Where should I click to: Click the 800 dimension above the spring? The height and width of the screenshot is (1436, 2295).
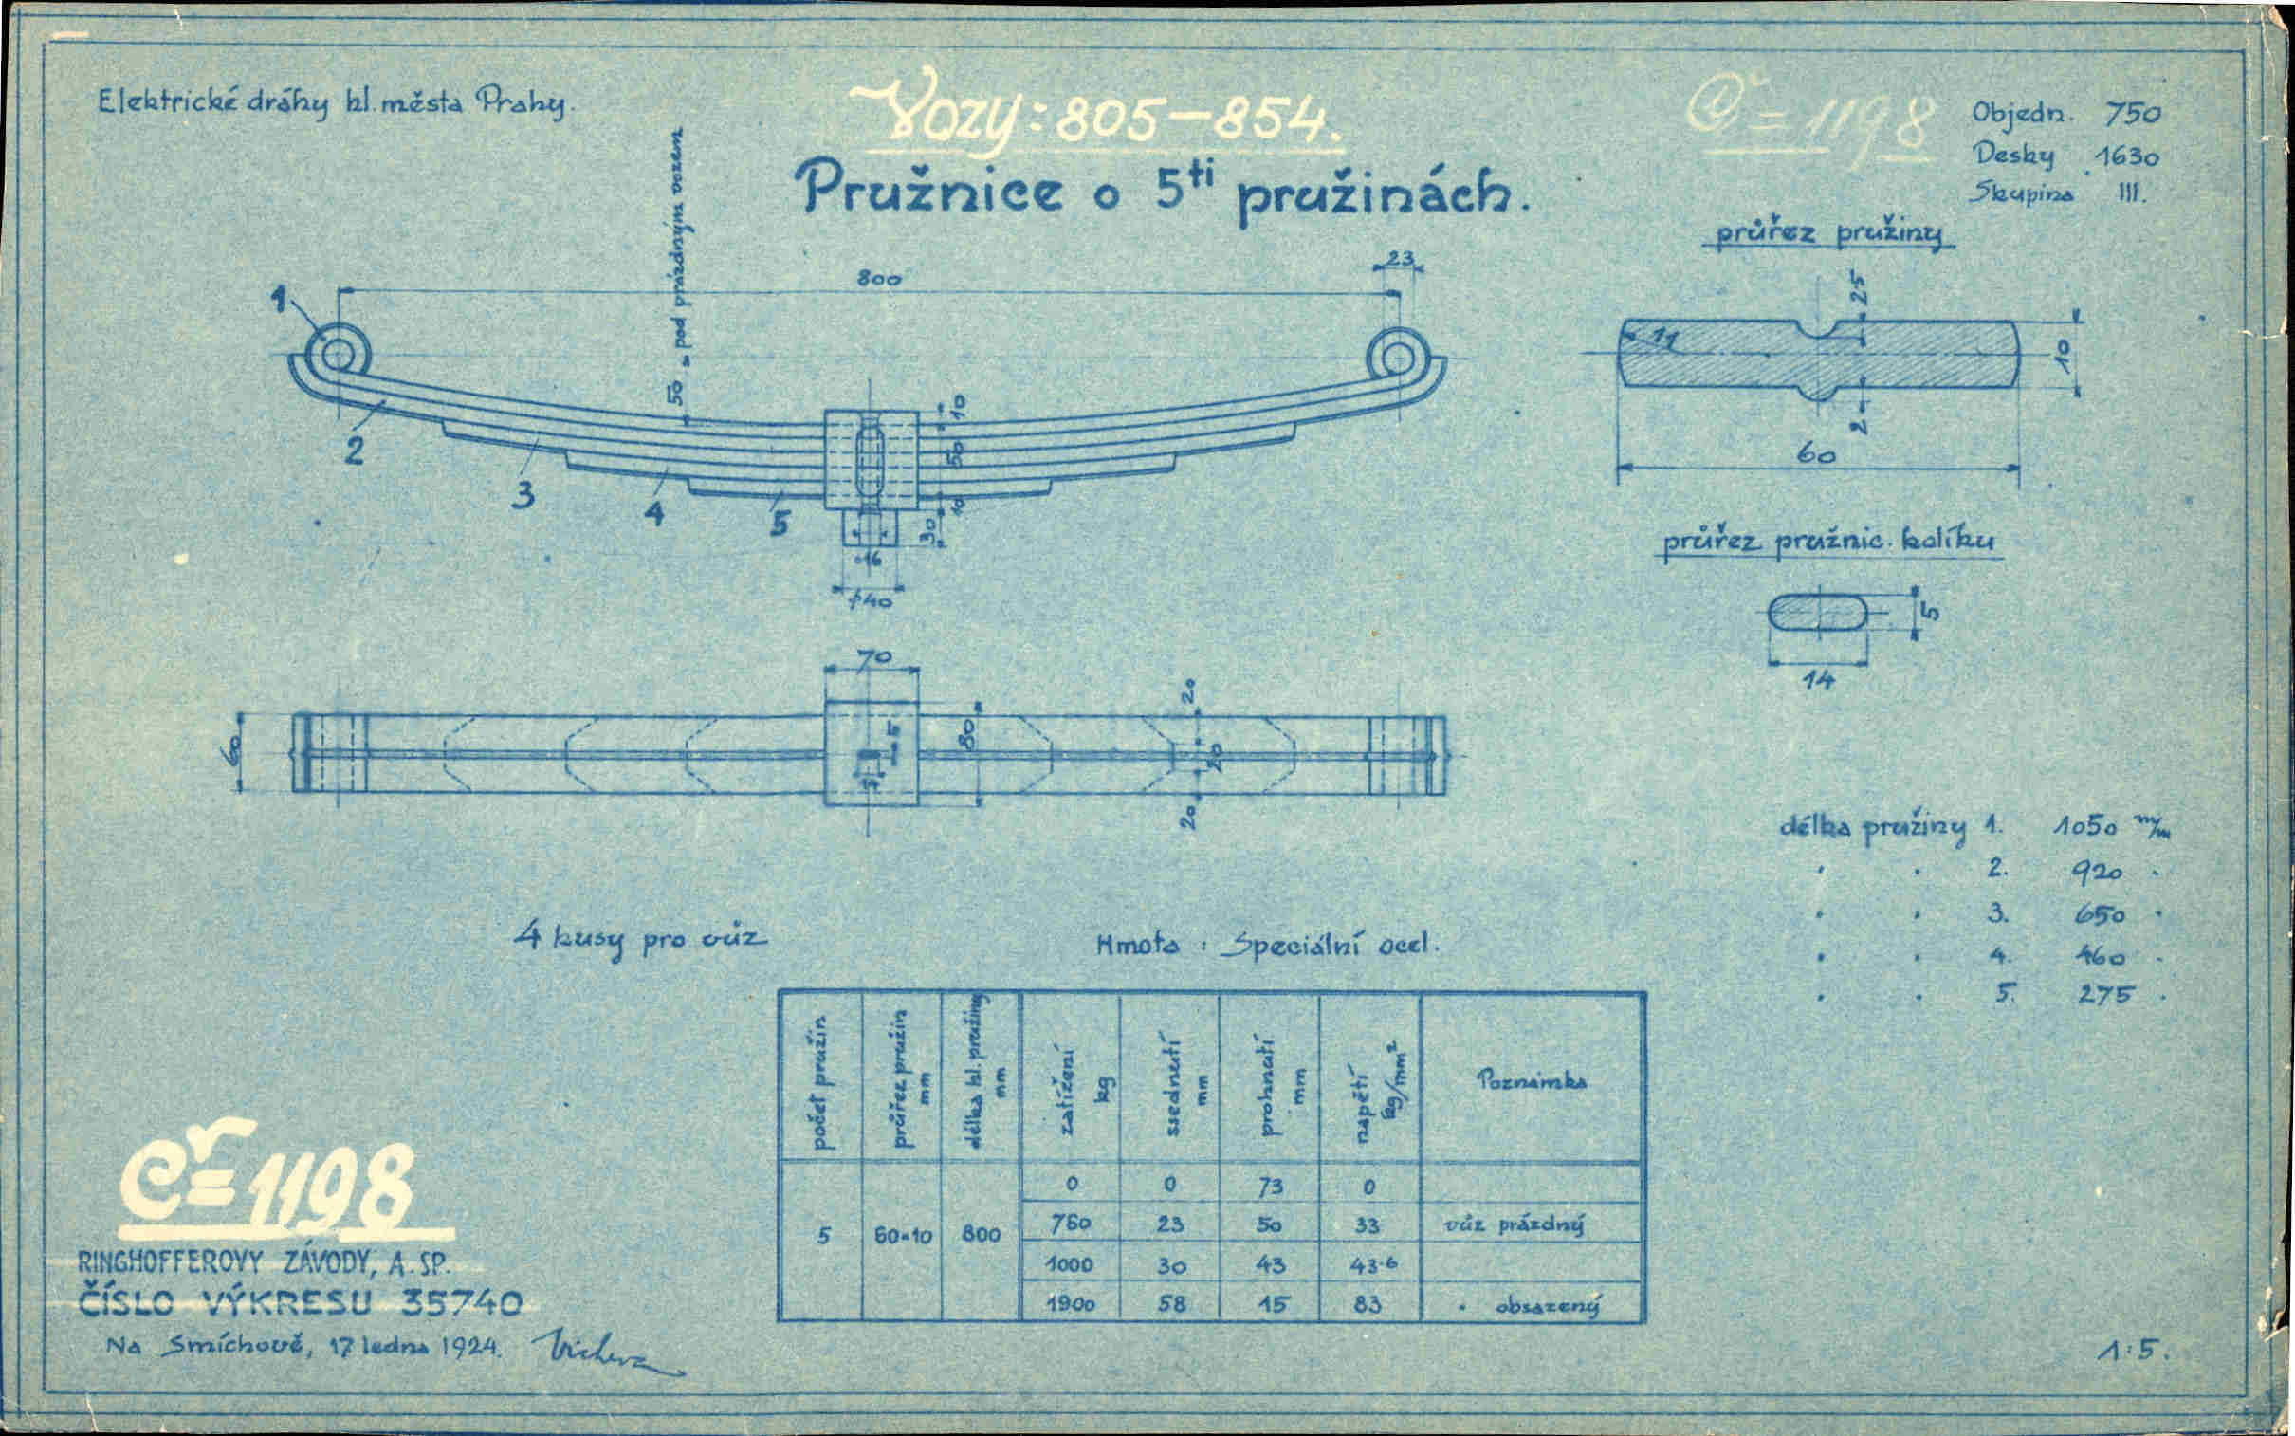click(x=877, y=278)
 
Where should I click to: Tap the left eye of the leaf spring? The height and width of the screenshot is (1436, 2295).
click(x=339, y=354)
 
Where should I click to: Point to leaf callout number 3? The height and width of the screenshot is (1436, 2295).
click(x=523, y=496)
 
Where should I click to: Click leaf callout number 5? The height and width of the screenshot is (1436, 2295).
click(x=780, y=524)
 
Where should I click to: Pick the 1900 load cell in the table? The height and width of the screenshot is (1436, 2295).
click(x=1070, y=1304)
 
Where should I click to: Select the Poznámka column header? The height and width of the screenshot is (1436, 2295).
click(x=1531, y=1080)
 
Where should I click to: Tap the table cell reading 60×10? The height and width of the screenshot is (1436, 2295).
click(x=902, y=1236)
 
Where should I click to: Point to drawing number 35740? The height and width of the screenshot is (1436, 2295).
click(x=462, y=1302)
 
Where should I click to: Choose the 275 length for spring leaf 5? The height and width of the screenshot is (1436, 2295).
click(x=2105, y=994)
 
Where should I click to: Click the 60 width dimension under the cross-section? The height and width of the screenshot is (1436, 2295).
click(x=1815, y=455)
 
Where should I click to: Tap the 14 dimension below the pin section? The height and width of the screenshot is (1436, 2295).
click(x=1818, y=679)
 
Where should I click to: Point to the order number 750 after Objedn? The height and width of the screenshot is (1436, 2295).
click(x=2132, y=114)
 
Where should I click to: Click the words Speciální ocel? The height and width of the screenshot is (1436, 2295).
click(x=1330, y=945)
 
